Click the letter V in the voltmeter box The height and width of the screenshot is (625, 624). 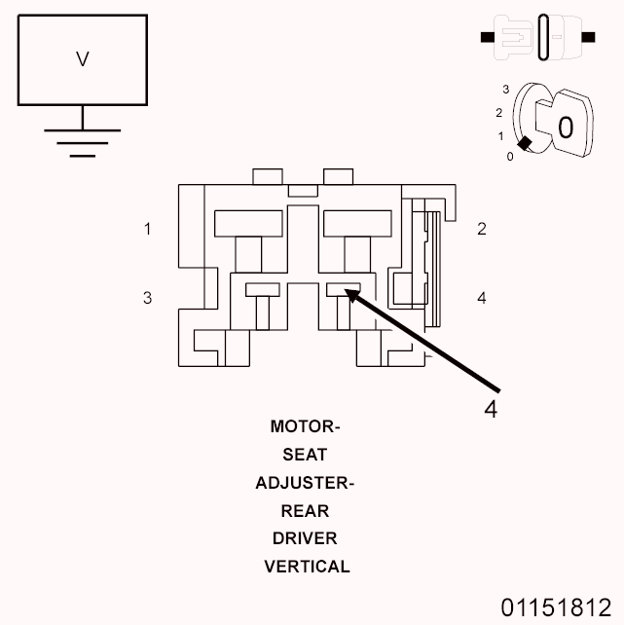(x=82, y=59)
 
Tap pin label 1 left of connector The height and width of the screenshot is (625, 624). (x=147, y=230)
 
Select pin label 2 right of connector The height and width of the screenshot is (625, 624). (x=482, y=230)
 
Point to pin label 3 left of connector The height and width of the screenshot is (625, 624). (x=147, y=298)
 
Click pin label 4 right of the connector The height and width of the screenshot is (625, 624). (x=482, y=298)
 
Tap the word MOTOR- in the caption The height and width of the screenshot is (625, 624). (x=306, y=426)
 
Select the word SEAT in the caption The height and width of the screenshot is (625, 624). (x=306, y=455)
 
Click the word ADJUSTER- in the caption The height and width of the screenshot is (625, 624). (x=306, y=483)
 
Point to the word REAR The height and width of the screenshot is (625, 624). (x=306, y=511)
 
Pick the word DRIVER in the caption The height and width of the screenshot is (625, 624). (x=306, y=538)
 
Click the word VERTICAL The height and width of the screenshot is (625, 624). (x=307, y=567)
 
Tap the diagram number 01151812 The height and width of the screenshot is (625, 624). (x=556, y=608)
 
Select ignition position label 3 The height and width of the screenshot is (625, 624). (x=505, y=90)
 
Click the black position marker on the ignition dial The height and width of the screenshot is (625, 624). (x=525, y=144)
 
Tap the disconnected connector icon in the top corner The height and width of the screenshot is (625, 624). (x=538, y=38)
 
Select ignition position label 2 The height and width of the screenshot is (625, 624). (x=498, y=112)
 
